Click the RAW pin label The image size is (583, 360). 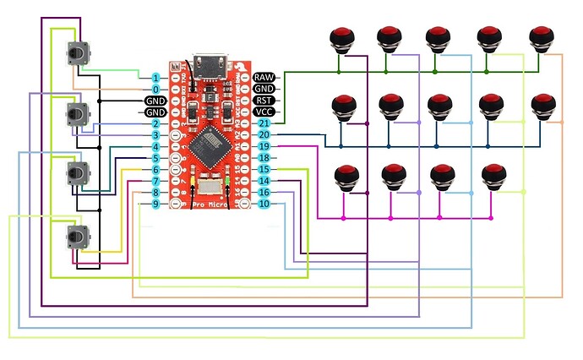pos(264,77)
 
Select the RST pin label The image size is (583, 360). pos(264,100)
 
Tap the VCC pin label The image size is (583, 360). pos(264,112)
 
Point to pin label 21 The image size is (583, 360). pos(264,123)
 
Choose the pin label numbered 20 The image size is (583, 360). pos(264,134)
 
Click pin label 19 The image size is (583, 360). pos(264,146)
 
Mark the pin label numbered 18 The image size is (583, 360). pos(264,158)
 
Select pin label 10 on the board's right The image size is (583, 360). pos(264,204)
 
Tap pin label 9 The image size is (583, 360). pos(155,204)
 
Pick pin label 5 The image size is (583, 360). pos(155,158)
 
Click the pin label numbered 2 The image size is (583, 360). pos(155,123)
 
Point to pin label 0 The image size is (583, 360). pos(155,89)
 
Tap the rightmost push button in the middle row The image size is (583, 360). pos(542,106)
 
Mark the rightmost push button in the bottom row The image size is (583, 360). pos(492,176)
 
